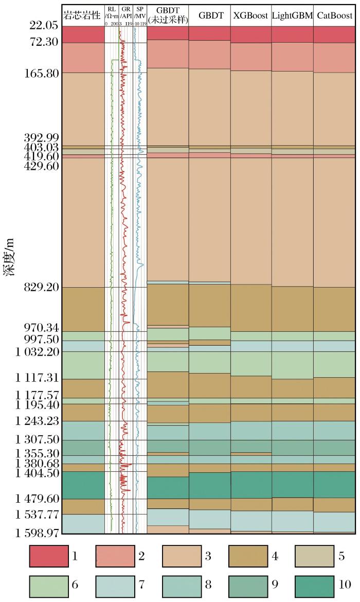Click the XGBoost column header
251,16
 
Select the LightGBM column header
292,16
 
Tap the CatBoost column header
334,16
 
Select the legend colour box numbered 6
48,585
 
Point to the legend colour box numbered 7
115,585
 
